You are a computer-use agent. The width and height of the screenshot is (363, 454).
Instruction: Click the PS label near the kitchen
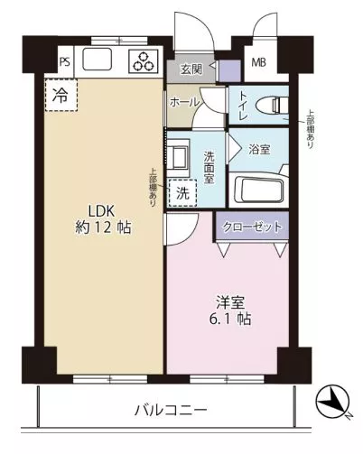click(x=65, y=62)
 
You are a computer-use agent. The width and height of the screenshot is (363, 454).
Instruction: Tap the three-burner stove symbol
click(x=144, y=61)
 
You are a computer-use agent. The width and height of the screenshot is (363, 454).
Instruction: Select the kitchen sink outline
click(x=98, y=59)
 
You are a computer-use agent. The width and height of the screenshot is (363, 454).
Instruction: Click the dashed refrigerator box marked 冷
click(x=61, y=95)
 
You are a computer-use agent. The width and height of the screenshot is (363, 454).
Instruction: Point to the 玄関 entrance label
click(x=191, y=69)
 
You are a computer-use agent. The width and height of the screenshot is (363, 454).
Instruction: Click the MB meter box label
click(x=259, y=62)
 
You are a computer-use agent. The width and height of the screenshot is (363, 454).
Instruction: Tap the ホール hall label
click(x=184, y=103)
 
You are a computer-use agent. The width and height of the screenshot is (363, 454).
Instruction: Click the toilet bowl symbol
click(x=272, y=106)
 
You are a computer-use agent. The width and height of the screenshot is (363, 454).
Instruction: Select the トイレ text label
click(x=243, y=106)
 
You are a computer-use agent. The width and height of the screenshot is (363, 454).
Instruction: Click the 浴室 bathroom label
click(x=259, y=150)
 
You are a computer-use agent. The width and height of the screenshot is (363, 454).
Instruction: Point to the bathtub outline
click(x=259, y=190)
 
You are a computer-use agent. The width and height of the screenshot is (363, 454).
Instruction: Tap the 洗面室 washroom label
click(x=209, y=167)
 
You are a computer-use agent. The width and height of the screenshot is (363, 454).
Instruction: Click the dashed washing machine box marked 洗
click(x=182, y=193)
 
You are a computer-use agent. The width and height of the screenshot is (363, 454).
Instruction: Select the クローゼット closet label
click(x=252, y=227)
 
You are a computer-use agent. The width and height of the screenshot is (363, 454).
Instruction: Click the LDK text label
click(x=101, y=211)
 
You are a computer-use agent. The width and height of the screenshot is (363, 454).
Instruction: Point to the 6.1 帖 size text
click(x=230, y=319)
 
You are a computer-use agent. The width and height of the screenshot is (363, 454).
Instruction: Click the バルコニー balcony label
click(x=171, y=410)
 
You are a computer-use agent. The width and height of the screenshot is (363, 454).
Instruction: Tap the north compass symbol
click(x=333, y=402)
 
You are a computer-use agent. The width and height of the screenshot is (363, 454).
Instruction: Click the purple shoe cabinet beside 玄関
click(x=229, y=70)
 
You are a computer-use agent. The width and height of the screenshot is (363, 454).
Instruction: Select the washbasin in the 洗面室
click(x=178, y=158)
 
